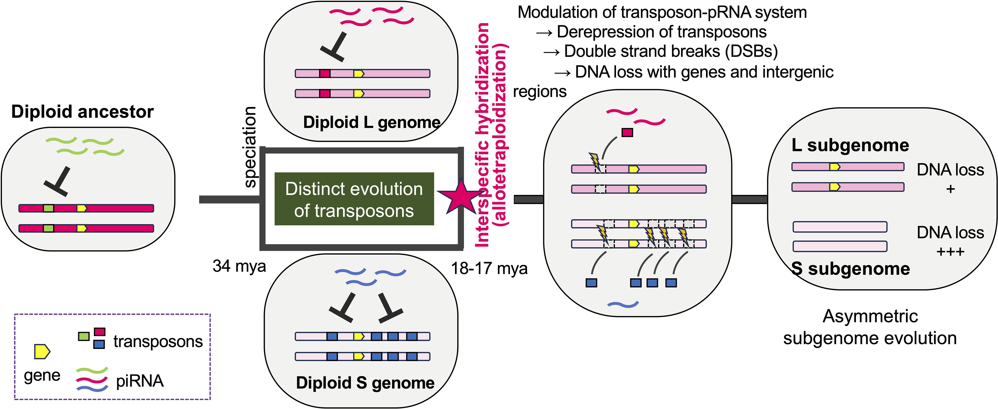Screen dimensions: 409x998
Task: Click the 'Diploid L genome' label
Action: [x=371, y=122]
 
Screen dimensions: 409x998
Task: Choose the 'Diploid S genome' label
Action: [x=365, y=383]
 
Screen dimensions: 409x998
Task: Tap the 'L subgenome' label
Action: [x=850, y=145]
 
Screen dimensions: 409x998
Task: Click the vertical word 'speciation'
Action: [x=250, y=147]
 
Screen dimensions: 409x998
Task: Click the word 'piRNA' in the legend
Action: [x=140, y=381]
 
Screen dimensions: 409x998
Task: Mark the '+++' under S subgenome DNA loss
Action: [x=950, y=252]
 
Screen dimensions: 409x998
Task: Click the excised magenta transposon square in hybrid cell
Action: [x=627, y=133]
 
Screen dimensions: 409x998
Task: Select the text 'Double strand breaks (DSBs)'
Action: [x=671, y=51]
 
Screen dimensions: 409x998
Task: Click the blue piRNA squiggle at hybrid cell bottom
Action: [x=623, y=304]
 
